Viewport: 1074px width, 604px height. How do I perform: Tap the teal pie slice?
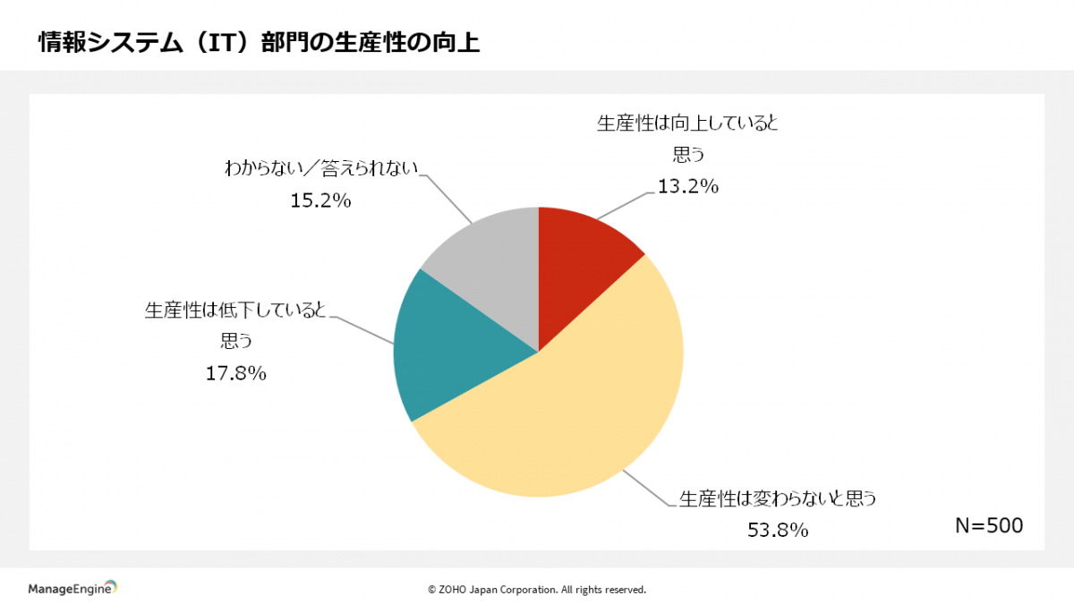point(447,349)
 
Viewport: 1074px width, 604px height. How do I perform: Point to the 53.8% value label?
point(778,530)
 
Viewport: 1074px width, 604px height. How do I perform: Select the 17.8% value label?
point(236,373)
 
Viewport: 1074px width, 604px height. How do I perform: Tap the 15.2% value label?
point(320,200)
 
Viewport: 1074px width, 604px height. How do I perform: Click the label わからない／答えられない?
point(321,168)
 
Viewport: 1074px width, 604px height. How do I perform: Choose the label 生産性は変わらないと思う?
point(777,498)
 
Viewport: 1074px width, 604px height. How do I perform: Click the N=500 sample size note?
point(988,526)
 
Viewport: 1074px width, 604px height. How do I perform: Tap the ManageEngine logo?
point(72,588)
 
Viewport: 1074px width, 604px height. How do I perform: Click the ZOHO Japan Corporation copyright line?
point(536,590)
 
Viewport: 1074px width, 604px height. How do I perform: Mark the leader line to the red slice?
point(626,206)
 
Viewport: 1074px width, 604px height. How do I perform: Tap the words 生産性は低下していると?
point(235,311)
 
